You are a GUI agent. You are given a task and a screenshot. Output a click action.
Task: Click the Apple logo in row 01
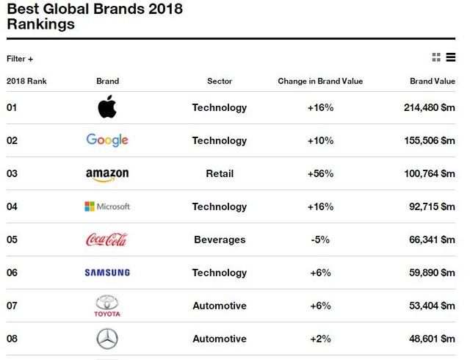(x=107, y=108)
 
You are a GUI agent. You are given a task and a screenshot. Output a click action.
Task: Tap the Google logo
(x=107, y=140)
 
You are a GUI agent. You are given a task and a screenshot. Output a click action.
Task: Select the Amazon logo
(x=107, y=174)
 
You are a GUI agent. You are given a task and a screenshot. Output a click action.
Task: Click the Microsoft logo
(x=107, y=206)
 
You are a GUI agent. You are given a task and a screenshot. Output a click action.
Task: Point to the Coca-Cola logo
(x=107, y=240)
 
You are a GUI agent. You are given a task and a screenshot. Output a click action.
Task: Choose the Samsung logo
(x=107, y=273)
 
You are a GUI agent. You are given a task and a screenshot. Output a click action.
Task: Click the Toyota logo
(x=107, y=306)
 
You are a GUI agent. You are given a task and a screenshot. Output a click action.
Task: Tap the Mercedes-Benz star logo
(x=107, y=339)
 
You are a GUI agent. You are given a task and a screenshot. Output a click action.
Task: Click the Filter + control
(x=20, y=59)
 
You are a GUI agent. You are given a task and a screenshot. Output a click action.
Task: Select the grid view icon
(x=436, y=57)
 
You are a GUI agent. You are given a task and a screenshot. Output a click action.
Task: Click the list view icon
(x=451, y=57)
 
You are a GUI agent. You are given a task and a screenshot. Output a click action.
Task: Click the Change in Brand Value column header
(x=320, y=81)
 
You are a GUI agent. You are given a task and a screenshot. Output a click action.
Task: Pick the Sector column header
(x=220, y=81)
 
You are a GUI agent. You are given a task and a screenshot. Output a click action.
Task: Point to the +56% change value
(x=320, y=173)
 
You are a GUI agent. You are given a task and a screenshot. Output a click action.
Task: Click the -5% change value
(x=320, y=240)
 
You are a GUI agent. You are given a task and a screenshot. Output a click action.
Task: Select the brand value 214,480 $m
(x=430, y=107)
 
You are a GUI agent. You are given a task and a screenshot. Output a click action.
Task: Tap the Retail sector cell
(x=220, y=173)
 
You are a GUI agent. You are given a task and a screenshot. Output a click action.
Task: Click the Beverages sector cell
(x=220, y=240)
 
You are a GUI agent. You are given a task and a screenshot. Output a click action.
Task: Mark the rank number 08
(x=12, y=339)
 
